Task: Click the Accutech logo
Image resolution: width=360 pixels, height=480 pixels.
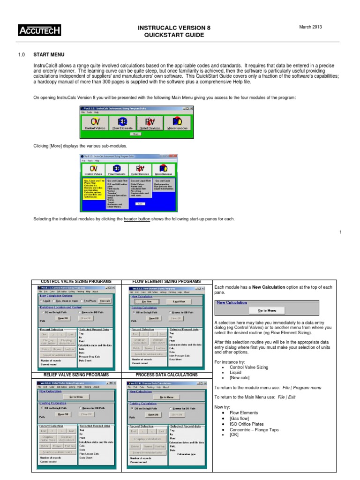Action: (x=40, y=31)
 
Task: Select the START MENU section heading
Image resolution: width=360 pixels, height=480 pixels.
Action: (x=49, y=55)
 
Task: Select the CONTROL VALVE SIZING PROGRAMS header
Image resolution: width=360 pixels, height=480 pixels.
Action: (x=75, y=281)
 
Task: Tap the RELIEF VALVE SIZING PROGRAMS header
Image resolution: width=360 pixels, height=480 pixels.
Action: (x=75, y=375)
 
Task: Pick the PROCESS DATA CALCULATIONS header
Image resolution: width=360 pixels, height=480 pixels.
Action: (x=166, y=375)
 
